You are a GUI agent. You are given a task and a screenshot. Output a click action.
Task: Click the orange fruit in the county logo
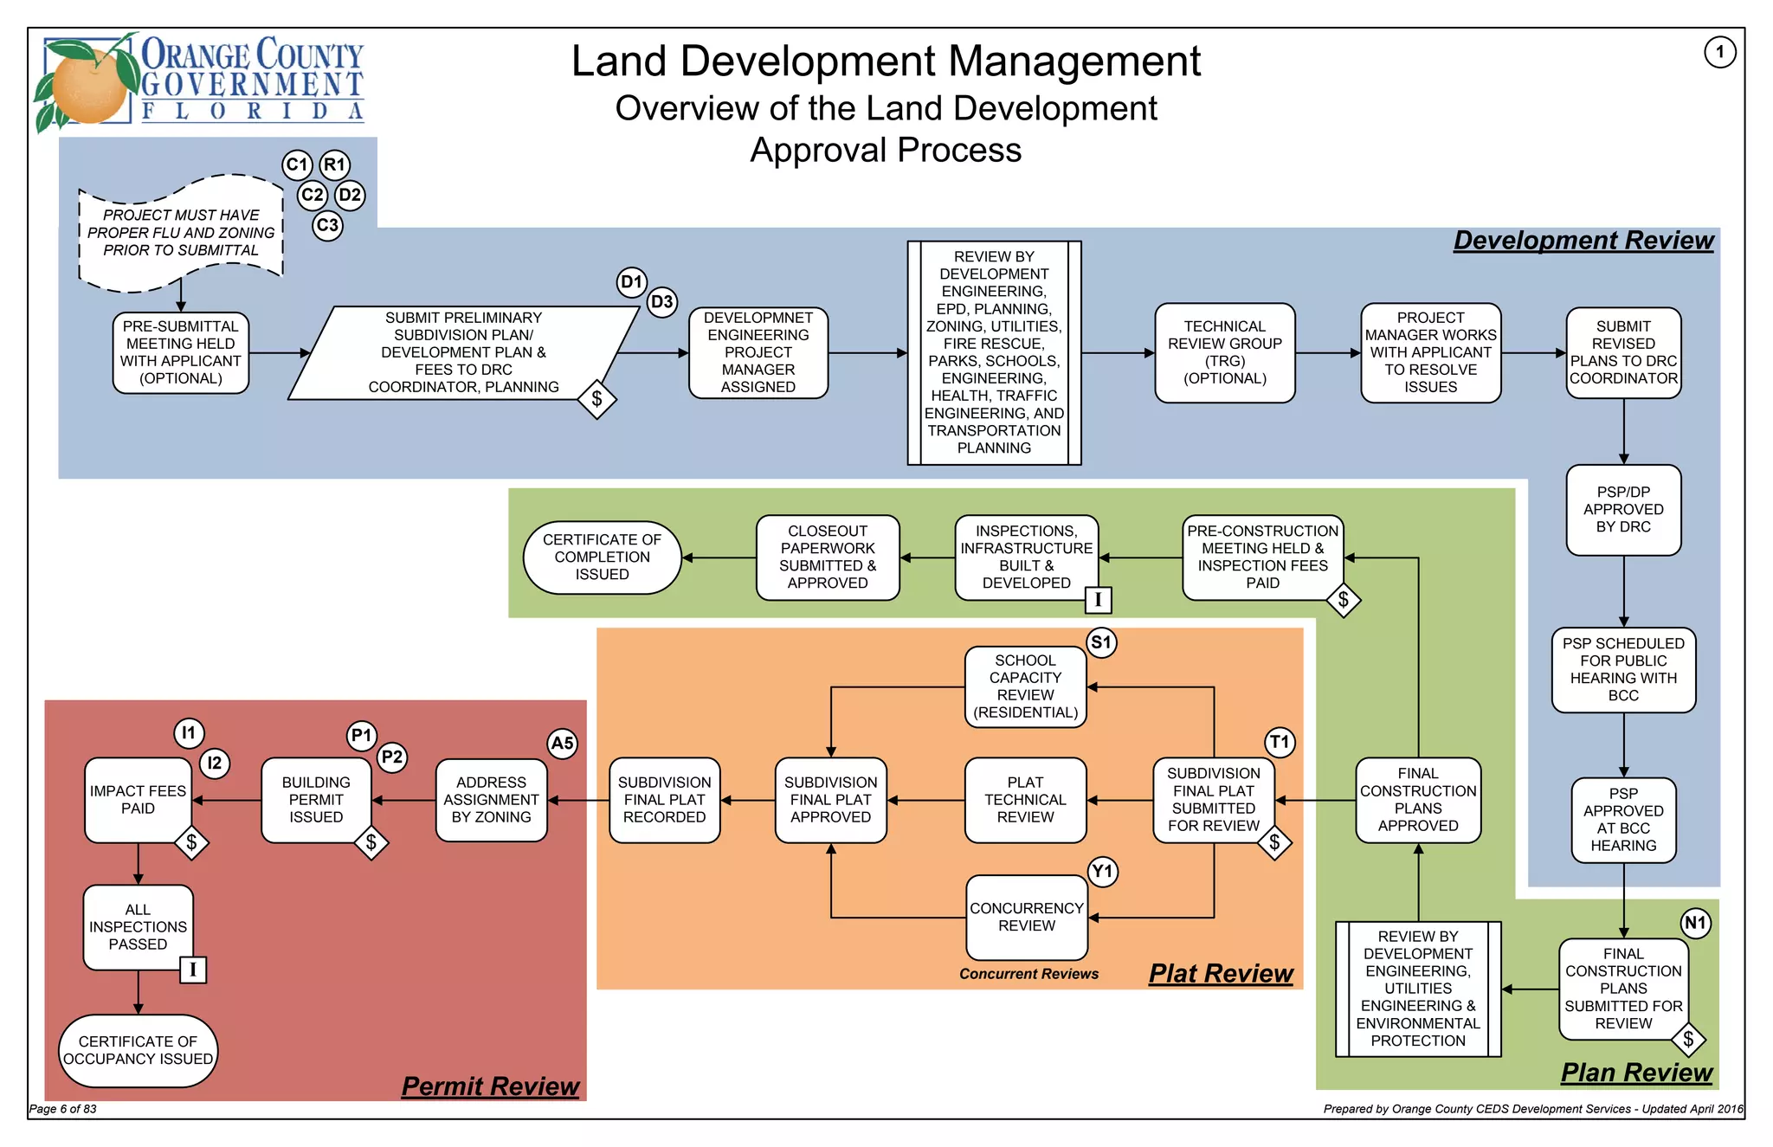[88, 85]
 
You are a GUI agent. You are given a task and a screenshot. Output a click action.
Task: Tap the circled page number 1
[1719, 52]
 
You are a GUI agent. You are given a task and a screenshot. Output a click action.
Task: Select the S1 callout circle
[1101, 642]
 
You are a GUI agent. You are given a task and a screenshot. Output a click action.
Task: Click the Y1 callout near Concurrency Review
[1102, 871]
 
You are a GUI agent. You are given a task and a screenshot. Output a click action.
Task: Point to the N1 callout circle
[1695, 923]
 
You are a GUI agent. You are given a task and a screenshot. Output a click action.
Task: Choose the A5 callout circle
[562, 743]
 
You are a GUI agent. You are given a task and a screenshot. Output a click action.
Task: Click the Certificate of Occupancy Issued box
[138, 1050]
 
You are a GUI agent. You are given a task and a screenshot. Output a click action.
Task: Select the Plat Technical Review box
[1025, 800]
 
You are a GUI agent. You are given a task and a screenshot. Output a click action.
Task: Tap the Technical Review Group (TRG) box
[1224, 352]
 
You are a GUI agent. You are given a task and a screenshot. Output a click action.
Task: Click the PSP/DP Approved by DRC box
[1623, 510]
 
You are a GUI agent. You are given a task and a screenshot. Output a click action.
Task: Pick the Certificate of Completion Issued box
[602, 557]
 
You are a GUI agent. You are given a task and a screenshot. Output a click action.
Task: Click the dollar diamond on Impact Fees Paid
[191, 842]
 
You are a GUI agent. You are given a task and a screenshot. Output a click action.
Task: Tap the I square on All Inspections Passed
[192, 970]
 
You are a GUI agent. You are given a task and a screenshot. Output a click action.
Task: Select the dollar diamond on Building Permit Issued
[371, 842]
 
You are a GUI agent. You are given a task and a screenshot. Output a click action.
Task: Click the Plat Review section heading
[1221, 974]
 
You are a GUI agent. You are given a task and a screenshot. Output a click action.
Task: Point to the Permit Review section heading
[490, 1086]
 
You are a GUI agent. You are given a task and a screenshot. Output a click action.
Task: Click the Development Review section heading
[1583, 241]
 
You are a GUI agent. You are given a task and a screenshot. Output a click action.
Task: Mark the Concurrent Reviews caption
[1028, 974]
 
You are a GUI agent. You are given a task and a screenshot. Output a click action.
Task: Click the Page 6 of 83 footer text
[63, 1109]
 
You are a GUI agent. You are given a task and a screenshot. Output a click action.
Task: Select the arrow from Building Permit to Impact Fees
[227, 801]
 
